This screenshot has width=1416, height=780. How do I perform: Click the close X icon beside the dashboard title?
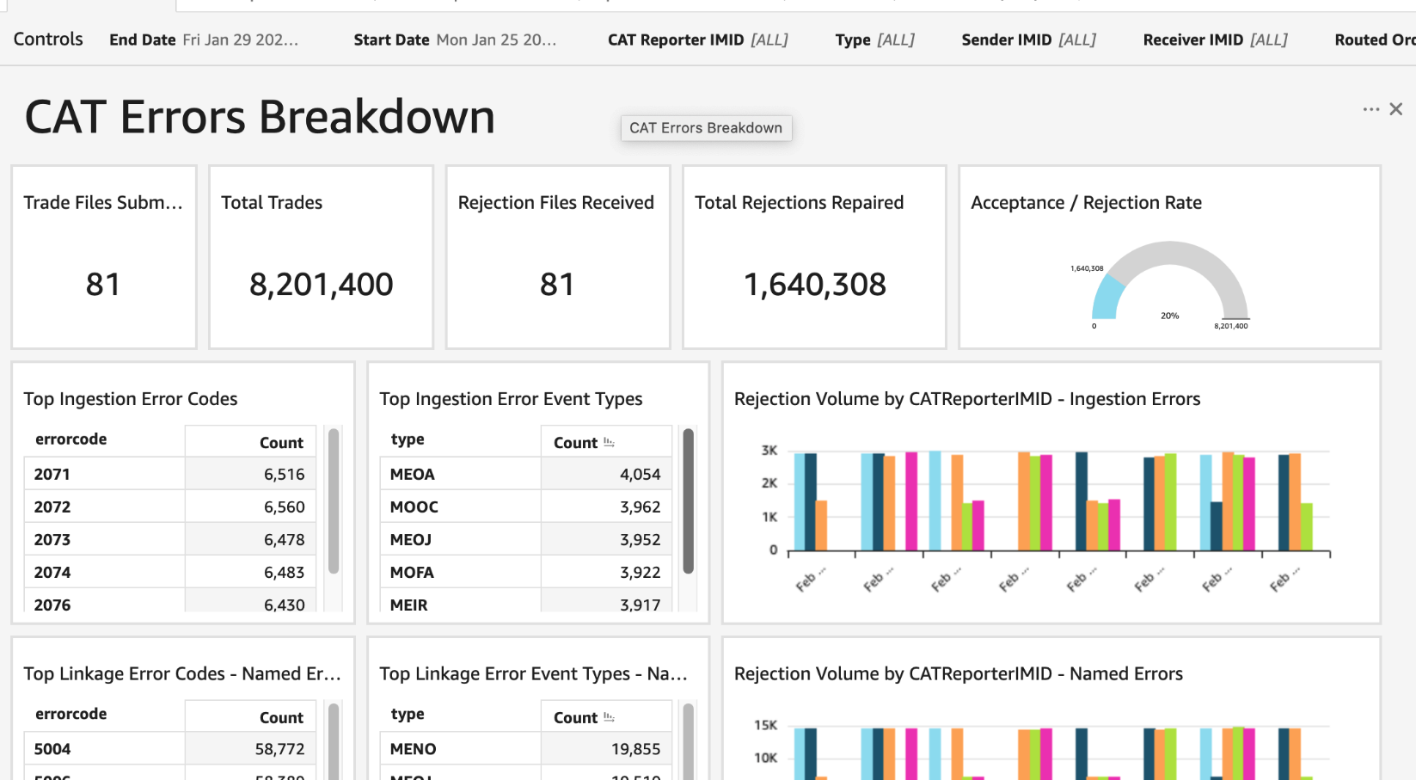tap(1396, 109)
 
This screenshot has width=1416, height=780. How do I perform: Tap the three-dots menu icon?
tap(1370, 109)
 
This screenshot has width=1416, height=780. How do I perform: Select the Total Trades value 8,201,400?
tap(321, 285)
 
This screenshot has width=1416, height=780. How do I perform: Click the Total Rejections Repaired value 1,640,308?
tap(814, 285)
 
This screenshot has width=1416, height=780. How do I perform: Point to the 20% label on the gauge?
tap(1169, 316)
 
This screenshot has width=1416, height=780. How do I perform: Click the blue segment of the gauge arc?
tap(1104, 297)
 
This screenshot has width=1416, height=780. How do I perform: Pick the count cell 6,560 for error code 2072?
tap(284, 507)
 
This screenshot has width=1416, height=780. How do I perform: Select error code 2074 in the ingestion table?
tap(52, 573)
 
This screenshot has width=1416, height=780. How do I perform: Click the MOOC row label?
tap(414, 507)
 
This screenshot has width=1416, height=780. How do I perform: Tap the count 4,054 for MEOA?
tap(640, 475)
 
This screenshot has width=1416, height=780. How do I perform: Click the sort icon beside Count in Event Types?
tap(609, 443)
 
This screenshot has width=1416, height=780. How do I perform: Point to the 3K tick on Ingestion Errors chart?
tap(769, 451)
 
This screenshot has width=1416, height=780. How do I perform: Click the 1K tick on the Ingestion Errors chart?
tap(769, 517)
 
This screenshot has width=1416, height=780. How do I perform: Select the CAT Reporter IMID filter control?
tap(697, 40)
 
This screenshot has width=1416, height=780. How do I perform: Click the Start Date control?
tap(455, 40)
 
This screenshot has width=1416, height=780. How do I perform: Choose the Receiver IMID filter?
tap(1215, 40)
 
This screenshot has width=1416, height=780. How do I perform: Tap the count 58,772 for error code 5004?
tap(279, 749)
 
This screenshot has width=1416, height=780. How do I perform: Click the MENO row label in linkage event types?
tap(413, 749)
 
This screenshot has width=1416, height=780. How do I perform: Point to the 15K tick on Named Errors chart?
tap(765, 725)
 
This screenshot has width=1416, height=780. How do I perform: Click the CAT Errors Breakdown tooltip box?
tap(706, 128)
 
